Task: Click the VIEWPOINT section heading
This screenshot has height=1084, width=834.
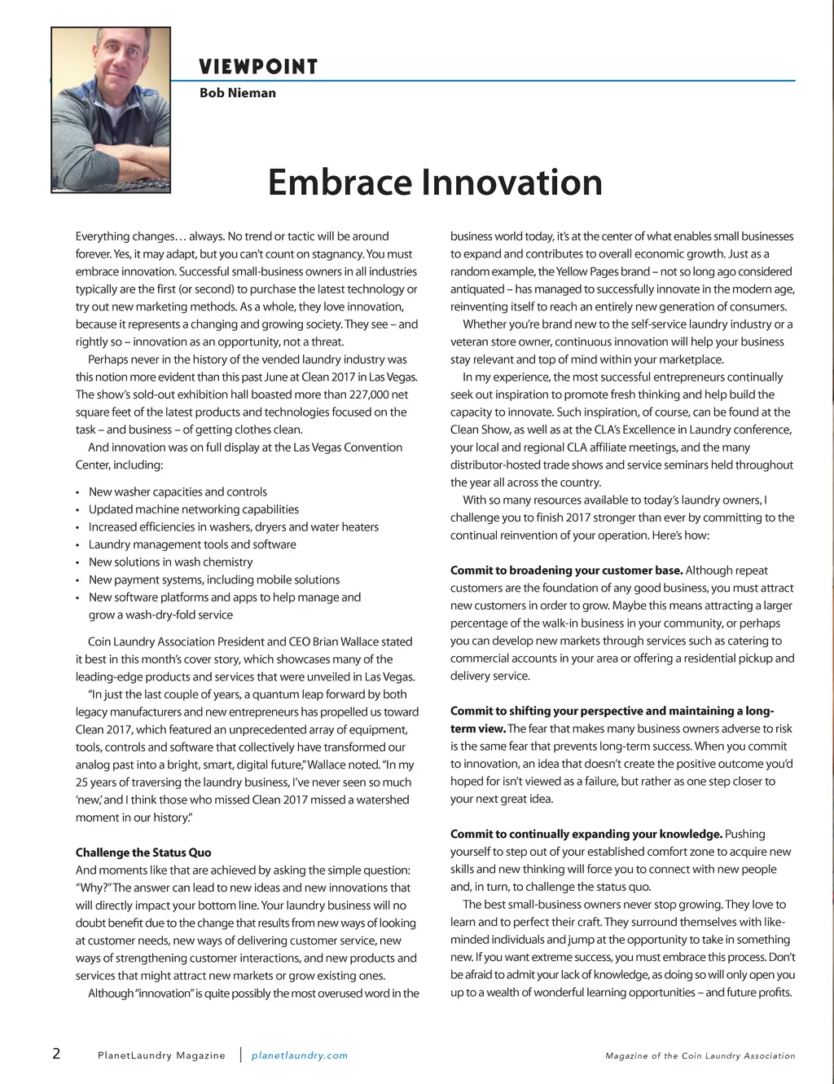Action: pos(258,67)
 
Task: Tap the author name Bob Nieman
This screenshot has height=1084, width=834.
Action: pos(238,93)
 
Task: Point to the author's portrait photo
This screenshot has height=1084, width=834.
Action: pos(111,109)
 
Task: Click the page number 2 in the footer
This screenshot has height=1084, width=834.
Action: pos(56,1053)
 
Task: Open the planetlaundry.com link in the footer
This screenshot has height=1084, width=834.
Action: pos(300,1055)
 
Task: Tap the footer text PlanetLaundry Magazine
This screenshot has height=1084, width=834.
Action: pos(161,1055)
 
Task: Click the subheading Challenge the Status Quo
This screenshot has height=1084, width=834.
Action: pos(143,853)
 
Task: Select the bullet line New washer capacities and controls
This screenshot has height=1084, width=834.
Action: pos(178,491)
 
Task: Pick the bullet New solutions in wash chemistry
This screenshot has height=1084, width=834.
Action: pos(170,562)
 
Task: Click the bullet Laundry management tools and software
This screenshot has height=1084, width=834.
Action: pos(192,544)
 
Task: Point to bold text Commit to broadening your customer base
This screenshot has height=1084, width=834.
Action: pos(566,571)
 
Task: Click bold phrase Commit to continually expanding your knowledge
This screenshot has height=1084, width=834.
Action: pos(586,834)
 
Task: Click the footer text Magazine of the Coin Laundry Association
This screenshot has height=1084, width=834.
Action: pos(700,1055)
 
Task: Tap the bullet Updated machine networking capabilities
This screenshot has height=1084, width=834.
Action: pos(194,509)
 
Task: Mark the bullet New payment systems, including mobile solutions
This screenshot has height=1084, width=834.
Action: pos(214,579)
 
